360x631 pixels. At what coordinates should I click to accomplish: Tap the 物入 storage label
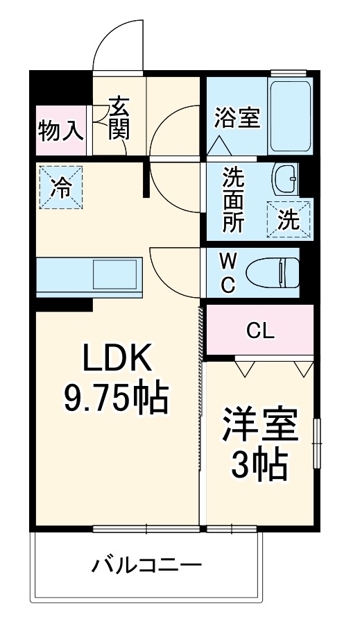[61, 131]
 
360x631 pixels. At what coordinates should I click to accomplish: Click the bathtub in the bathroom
[291, 115]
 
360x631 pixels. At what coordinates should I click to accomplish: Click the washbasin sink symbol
[285, 181]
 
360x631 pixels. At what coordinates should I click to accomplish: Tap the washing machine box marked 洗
[289, 219]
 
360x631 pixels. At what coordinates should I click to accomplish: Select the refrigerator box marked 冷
[60, 187]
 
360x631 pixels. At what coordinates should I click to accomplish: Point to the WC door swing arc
[170, 271]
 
